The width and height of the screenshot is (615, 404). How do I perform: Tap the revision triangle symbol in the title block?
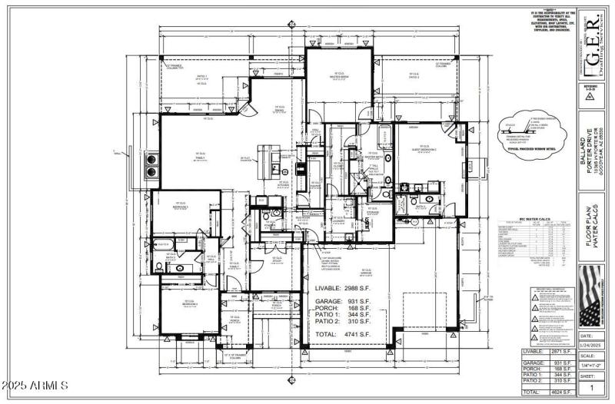point(589,98)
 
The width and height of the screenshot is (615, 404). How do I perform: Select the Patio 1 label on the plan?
point(201,77)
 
